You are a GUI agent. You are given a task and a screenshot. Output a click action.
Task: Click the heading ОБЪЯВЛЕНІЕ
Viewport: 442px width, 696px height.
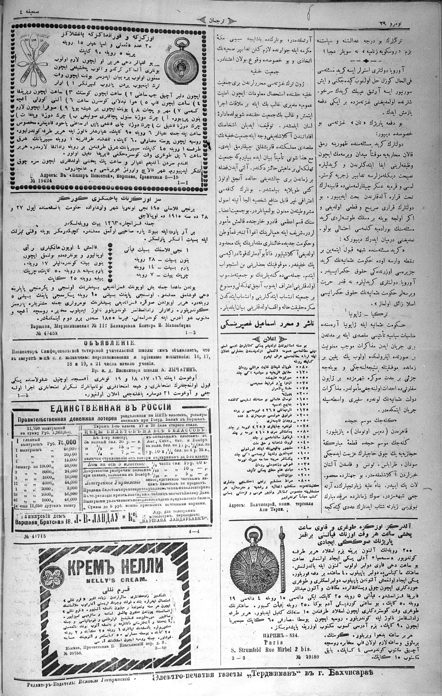pyautogui.click(x=109, y=343)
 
